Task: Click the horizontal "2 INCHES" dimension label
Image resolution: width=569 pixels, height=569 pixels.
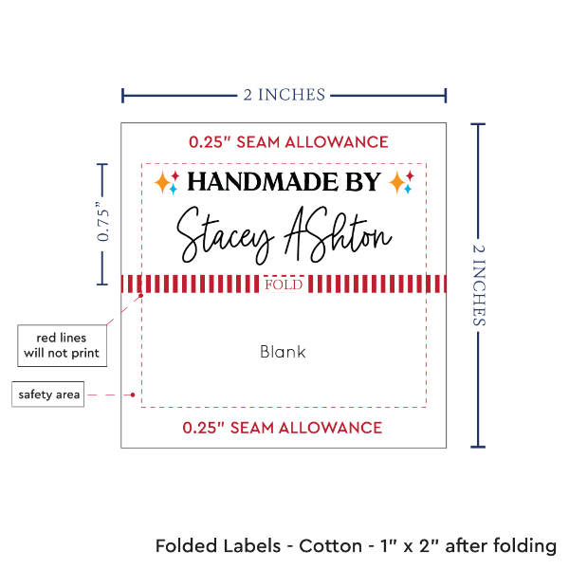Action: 284,94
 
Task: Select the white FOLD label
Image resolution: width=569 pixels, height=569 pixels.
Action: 284,284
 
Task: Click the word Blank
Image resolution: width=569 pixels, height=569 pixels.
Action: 283,352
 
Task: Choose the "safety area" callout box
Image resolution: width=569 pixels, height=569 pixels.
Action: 47,395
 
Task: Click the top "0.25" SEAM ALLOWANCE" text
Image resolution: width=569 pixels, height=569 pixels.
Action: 287,142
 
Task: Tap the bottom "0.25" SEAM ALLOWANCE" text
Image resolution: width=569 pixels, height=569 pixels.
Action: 283,428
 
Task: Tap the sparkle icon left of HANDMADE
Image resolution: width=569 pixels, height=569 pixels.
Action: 167,182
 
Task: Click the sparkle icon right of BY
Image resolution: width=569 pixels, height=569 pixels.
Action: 401,182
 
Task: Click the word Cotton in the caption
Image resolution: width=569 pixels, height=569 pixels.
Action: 331,546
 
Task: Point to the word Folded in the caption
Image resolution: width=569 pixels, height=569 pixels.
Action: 187,546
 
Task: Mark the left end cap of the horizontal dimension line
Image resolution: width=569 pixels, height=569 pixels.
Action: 122,95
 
